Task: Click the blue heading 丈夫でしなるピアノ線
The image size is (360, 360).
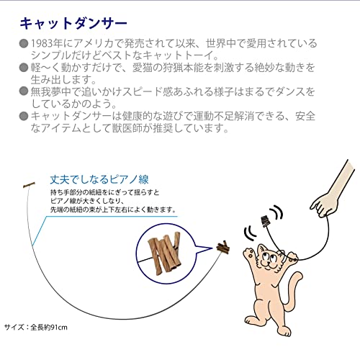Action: click(104, 180)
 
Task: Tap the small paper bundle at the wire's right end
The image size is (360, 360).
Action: click(223, 248)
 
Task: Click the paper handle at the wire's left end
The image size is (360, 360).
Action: click(30, 186)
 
